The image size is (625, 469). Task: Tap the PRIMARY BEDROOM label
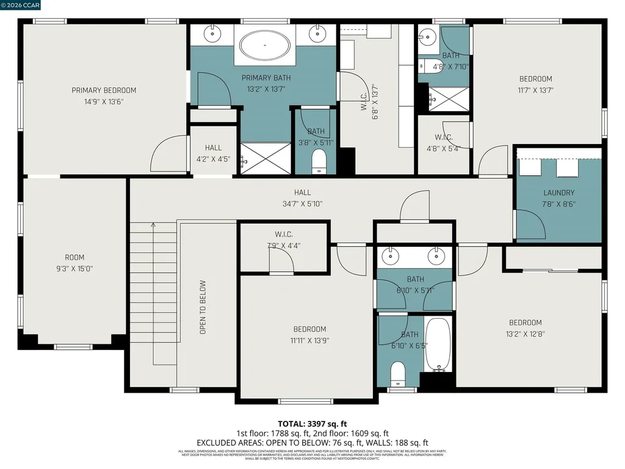pyautogui.click(x=104, y=90)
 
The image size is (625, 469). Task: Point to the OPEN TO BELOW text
pyautogui.click(x=203, y=307)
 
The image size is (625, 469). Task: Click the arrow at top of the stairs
pyautogui.click(x=153, y=226)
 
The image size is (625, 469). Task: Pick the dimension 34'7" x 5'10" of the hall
pyautogui.click(x=302, y=204)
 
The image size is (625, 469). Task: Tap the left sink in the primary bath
pyautogui.click(x=213, y=34)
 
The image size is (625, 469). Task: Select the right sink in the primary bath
pyautogui.click(x=318, y=34)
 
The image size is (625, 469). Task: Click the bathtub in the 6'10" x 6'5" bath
pyautogui.click(x=438, y=345)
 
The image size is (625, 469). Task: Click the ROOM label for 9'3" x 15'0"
pyautogui.click(x=74, y=258)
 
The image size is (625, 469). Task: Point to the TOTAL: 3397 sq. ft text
pyautogui.click(x=312, y=423)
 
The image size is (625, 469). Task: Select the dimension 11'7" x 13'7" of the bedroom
pyautogui.click(x=535, y=90)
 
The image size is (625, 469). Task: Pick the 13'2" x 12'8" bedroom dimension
pyautogui.click(x=525, y=333)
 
